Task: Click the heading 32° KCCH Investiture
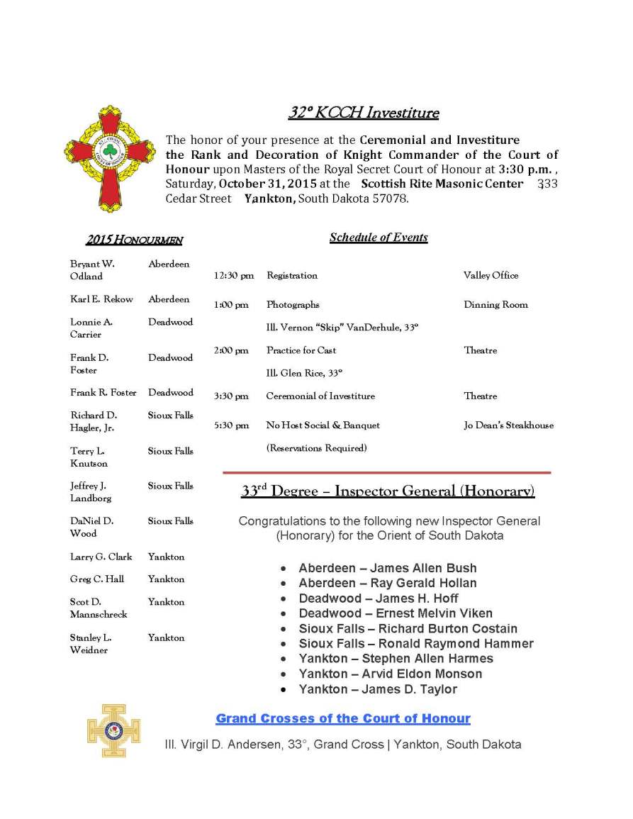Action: click(363, 113)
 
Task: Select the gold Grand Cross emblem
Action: click(113, 730)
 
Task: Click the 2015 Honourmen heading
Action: click(134, 240)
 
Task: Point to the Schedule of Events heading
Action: click(379, 238)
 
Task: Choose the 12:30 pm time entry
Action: click(233, 276)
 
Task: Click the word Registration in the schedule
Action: click(292, 276)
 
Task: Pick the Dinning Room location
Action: click(495, 305)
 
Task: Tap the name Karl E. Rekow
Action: click(101, 299)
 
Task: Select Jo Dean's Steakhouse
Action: click(508, 425)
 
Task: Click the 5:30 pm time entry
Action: click(231, 425)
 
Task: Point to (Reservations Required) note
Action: click(316, 448)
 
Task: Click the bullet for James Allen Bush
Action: click(284, 569)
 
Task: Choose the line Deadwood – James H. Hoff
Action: click(379, 598)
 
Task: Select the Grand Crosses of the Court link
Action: click(343, 719)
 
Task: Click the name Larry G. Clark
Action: click(101, 557)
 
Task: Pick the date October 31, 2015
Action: click(267, 184)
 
